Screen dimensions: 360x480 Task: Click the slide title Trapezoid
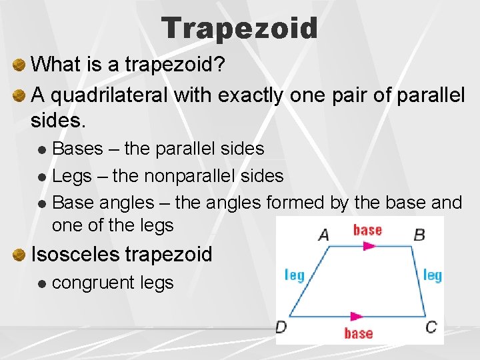pos(239,29)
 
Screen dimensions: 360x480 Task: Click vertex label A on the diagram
pos(323,235)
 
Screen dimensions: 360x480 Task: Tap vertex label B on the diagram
pos(419,234)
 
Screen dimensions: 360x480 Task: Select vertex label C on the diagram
pos(431,327)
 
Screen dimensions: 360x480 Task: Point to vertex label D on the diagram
pos(281,327)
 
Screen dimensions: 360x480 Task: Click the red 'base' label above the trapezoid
pos(367,230)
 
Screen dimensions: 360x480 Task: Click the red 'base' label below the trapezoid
pos(358,333)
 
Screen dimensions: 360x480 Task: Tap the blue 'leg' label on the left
pos(294,275)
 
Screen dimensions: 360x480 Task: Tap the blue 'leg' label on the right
pos(432,275)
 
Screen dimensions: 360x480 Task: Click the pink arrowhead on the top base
pos(369,246)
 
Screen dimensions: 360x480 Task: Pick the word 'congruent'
pos(93,283)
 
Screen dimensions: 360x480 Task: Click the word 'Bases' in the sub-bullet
pos(77,148)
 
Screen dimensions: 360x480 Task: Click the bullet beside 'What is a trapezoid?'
pos(19,65)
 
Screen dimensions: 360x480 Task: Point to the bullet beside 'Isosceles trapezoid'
pos(19,255)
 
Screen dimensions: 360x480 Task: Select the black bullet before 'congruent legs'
pos(42,284)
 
